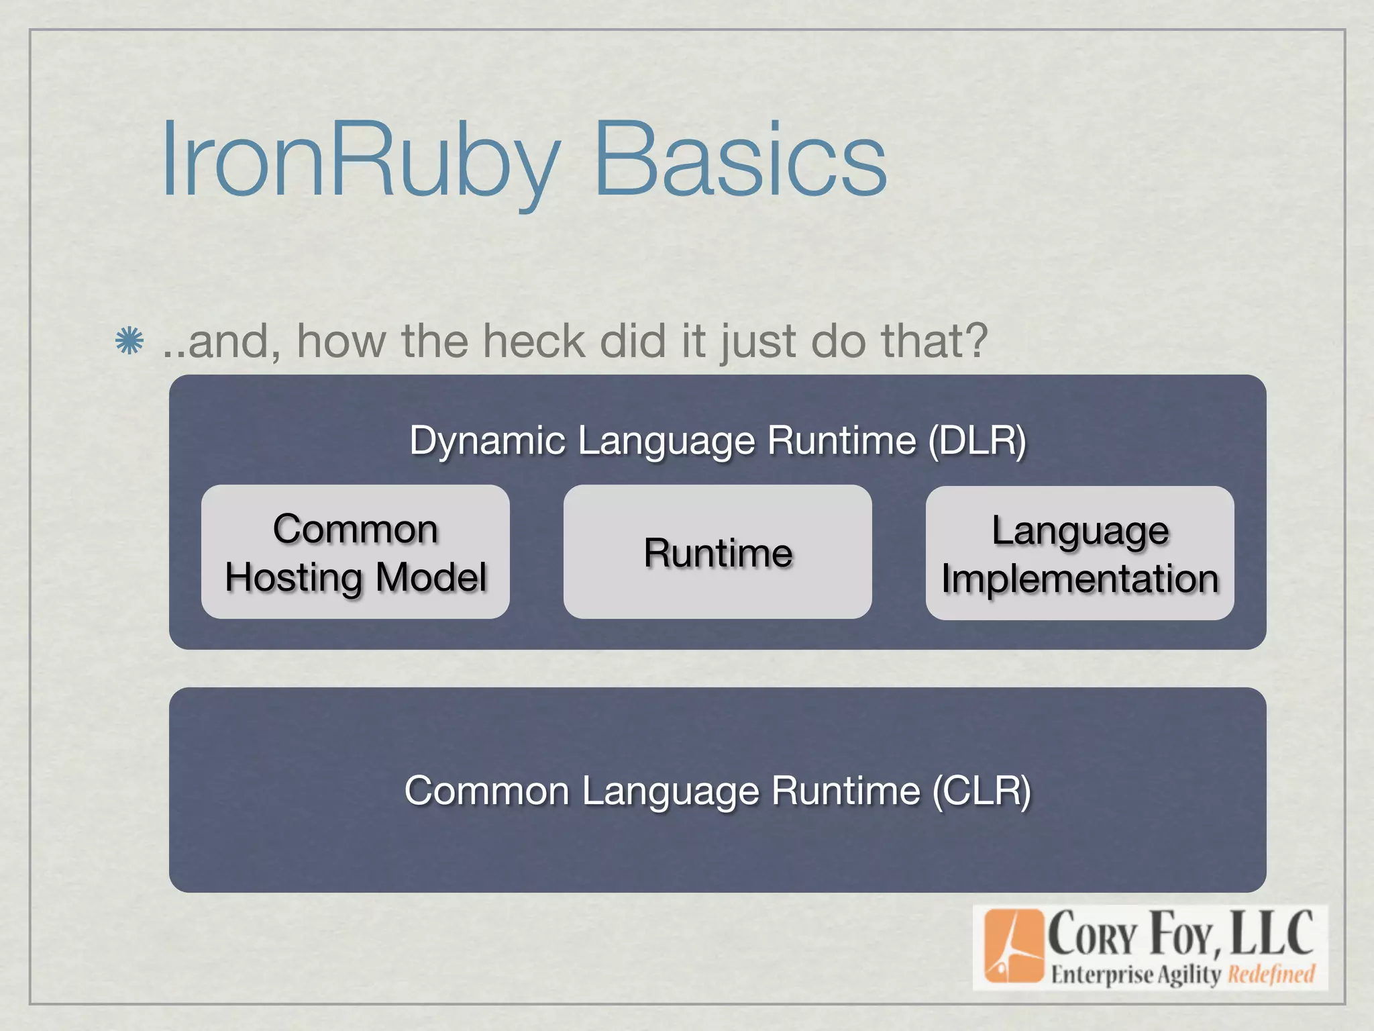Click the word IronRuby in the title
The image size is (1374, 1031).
pyautogui.click(x=359, y=161)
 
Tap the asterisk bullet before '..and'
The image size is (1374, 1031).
pyautogui.click(x=129, y=341)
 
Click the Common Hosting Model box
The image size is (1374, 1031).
pyautogui.click(x=355, y=552)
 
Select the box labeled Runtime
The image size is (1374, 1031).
pyautogui.click(x=717, y=552)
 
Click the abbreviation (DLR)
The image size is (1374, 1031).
pyautogui.click(x=977, y=441)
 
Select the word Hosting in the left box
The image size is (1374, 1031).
pyautogui.click(x=295, y=577)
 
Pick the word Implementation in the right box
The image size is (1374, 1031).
pyautogui.click(x=1079, y=579)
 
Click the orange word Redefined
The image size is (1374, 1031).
pyautogui.click(x=1271, y=974)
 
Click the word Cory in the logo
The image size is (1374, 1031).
pyautogui.click(x=1092, y=935)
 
